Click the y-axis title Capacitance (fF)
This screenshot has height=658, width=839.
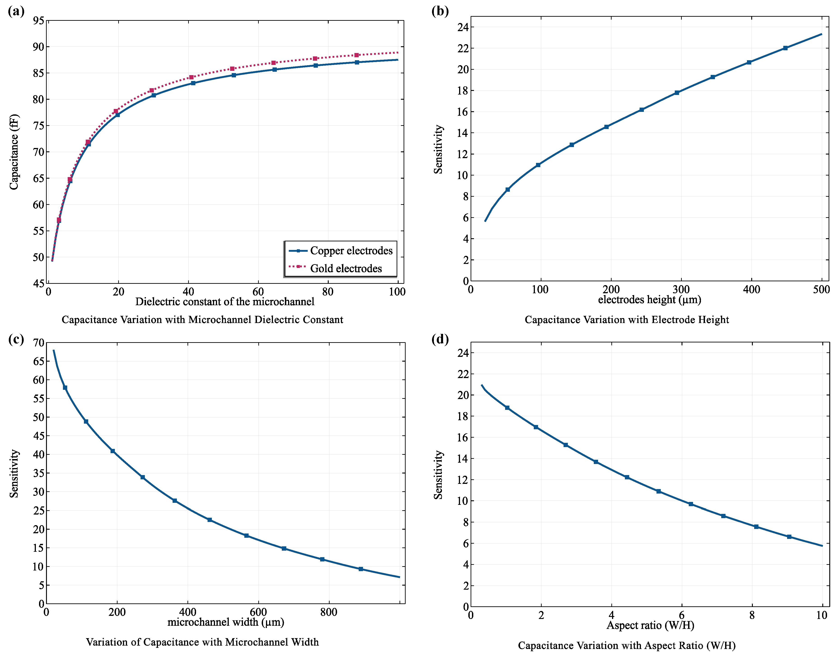[14, 152]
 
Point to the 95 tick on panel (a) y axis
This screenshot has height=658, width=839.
[39, 21]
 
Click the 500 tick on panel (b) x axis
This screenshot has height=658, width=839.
[821, 289]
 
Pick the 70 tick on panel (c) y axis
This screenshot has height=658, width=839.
[39, 342]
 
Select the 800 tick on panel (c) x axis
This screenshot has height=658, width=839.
[329, 612]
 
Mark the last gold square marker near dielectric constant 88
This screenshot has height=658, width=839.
[356, 55]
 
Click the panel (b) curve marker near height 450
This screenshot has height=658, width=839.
[785, 48]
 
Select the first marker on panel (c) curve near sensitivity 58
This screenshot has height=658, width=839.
[65, 388]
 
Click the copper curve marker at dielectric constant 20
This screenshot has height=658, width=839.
[118, 115]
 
